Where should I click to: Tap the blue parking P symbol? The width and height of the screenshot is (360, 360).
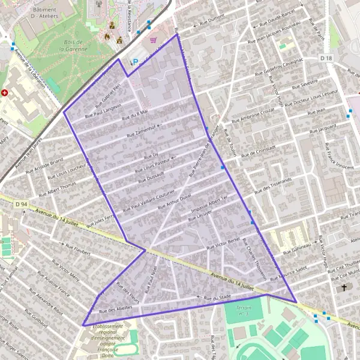click(x=135, y=61)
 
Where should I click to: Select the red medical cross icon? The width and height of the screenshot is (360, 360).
click(x=5, y=93)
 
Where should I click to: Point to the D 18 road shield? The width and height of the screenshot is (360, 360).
click(x=326, y=58)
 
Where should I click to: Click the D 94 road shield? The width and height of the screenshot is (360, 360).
click(x=21, y=205)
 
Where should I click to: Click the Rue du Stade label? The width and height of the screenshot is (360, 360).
click(x=217, y=297)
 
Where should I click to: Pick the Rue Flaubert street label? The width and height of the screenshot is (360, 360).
click(x=77, y=250)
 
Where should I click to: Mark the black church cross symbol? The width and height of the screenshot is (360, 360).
click(x=344, y=288)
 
